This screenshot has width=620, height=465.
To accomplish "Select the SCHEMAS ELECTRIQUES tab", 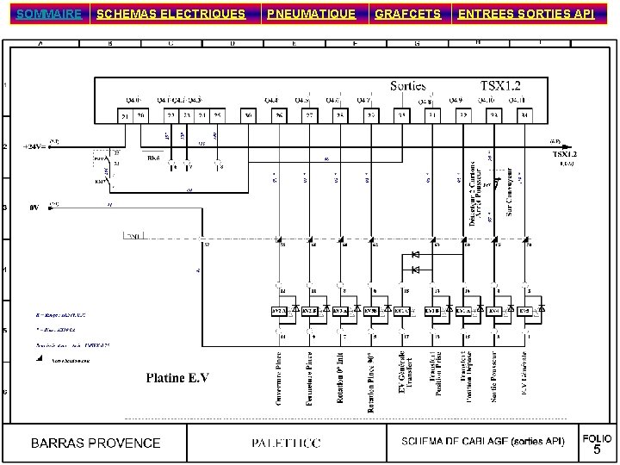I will [x=170, y=14].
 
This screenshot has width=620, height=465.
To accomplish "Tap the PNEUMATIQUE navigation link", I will [x=311, y=14].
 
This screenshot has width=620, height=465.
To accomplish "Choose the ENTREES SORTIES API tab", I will [x=525, y=14].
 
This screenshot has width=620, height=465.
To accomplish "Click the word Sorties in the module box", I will [x=408, y=86].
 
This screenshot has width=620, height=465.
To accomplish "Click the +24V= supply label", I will [x=36, y=146].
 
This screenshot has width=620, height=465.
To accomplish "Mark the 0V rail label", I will [x=34, y=208].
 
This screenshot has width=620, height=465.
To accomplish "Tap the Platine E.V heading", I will [x=177, y=377].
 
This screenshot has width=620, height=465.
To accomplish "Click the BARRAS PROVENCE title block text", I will [x=96, y=443].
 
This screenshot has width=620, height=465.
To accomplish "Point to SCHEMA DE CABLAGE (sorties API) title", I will [x=483, y=442].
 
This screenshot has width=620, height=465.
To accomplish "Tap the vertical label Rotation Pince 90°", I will [x=371, y=381].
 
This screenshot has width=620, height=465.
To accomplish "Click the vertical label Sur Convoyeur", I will [x=510, y=192].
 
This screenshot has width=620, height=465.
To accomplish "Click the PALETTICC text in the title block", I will [x=286, y=443].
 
